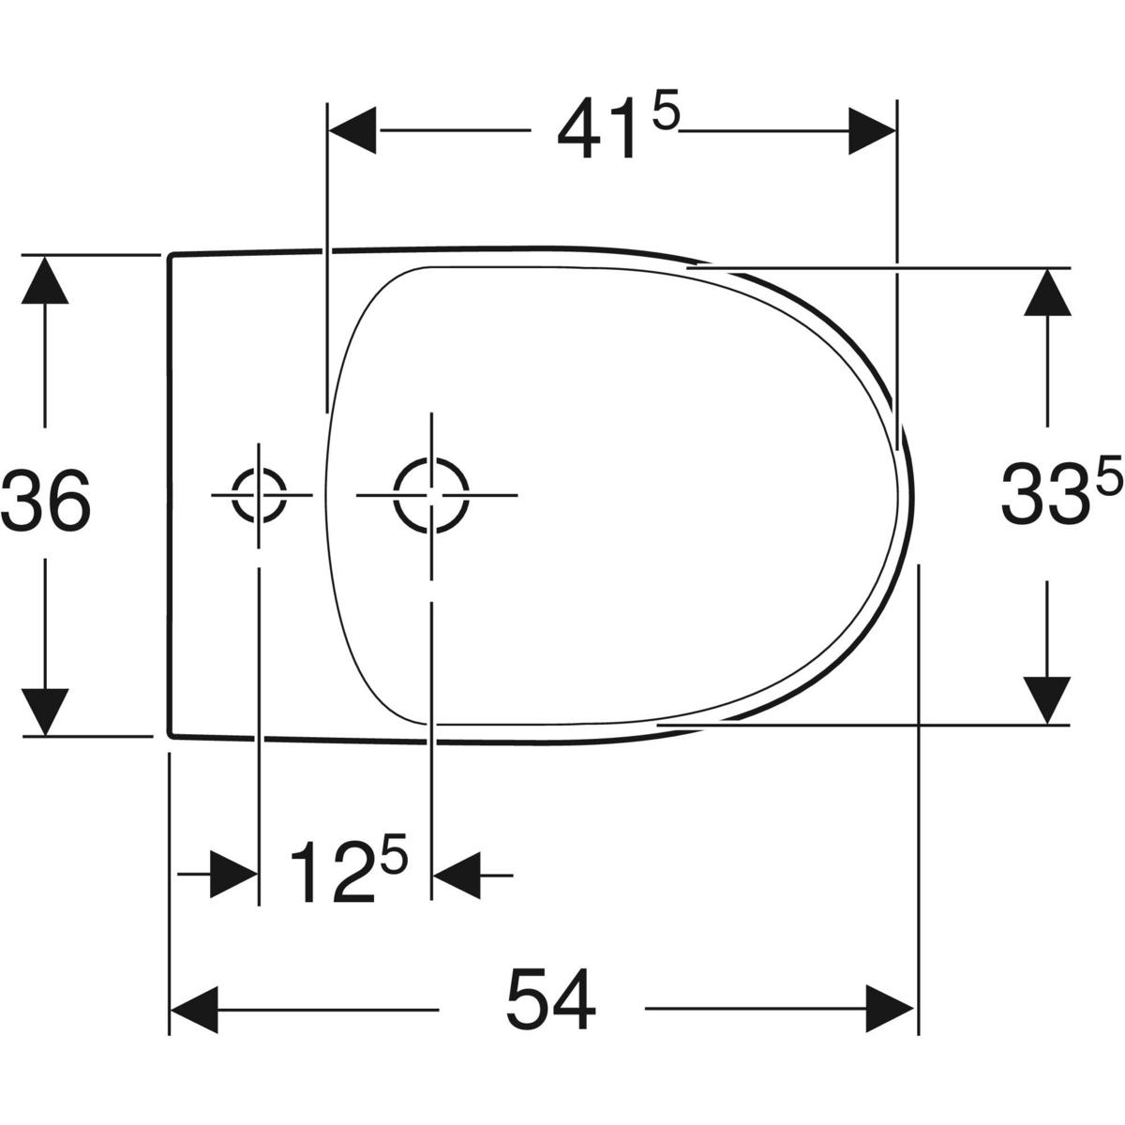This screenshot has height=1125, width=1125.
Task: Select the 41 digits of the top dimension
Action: click(596, 129)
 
